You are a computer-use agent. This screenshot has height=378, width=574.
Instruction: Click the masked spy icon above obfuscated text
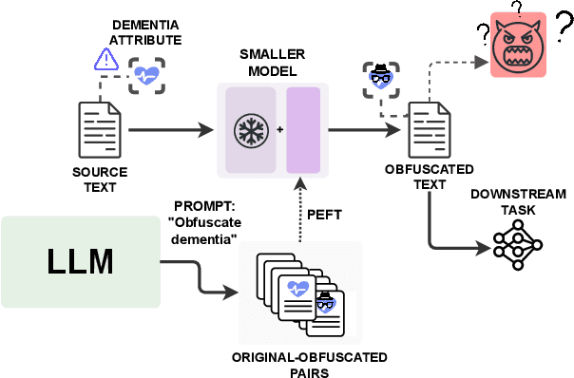(377, 77)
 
